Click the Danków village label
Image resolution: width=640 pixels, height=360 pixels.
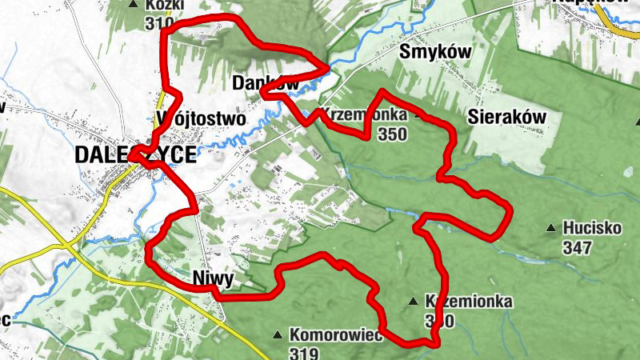[266, 82]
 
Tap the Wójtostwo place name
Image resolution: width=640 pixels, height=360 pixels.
[201, 118]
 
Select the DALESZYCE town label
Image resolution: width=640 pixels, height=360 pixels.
[134, 155]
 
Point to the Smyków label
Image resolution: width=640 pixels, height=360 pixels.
[433, 53]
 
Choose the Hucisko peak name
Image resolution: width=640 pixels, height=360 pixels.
[592, 228]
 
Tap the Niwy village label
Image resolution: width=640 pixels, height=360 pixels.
[213, 278]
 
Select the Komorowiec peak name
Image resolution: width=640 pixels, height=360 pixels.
[335, 334]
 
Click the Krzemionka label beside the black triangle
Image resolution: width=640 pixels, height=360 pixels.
[469, 302]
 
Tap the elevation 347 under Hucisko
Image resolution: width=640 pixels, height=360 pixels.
[576, 247]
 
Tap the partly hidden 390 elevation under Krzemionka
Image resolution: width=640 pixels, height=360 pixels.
[440, 321]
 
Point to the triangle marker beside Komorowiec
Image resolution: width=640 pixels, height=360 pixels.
[277, 334]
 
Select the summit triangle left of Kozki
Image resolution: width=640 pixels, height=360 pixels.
[134, 4]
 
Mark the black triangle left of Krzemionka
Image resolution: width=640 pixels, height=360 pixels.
[412, 302]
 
